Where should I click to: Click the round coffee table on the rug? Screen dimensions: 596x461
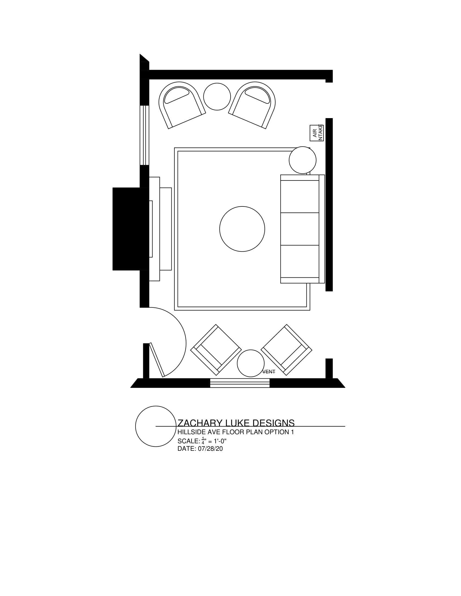(x=242, y=229)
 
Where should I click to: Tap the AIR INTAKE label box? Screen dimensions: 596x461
(x=316, y=133)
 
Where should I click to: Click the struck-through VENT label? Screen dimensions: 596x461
(x=268, y=372)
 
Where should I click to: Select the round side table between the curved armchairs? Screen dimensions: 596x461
(x=217, y=97)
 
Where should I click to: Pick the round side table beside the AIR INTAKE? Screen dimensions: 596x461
(x=302, y=160)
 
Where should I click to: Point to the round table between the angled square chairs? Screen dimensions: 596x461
(x=251, y=363)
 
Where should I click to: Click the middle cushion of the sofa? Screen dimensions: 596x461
(x=300, y=229)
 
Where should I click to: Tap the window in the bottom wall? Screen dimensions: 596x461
(x=239, y=383)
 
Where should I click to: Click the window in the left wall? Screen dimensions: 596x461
(x=144, y=135)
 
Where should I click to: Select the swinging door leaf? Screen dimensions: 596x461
(x=157, y=360)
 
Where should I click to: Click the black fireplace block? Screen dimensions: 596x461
(x=128, y=229)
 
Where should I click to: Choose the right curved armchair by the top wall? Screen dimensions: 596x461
(x=253, y=105)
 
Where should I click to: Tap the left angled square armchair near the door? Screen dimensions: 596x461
(x=216, y=349)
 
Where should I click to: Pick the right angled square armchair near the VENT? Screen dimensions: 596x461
(x=286, y=349)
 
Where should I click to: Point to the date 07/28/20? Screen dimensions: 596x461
(x=210, y=449)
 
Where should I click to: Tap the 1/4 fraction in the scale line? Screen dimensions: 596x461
(x=203, y=440)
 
